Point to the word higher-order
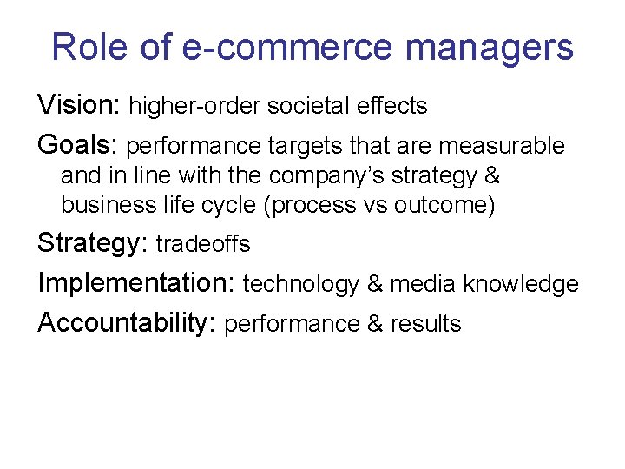click(x=194, y=107)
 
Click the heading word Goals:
click(x=78, y=145)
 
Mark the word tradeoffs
click(x=203, y=245)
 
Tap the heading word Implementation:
click(x=136, y=283)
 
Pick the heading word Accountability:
click(x=127, y=323)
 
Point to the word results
click(x=425, y=324)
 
